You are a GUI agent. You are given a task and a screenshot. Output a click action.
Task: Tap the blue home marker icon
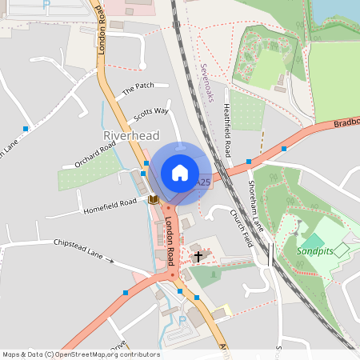[180, 173]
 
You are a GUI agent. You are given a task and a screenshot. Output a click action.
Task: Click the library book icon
[153, 198]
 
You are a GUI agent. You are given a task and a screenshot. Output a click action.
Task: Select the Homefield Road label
[110, 207]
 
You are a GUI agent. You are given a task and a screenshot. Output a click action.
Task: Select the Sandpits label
[313, 250]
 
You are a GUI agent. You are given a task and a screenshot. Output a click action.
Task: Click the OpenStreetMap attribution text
[81, 354]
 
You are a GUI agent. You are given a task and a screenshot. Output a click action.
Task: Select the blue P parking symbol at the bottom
[182, 321]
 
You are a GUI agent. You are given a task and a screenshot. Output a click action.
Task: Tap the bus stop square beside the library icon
[144, 173]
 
